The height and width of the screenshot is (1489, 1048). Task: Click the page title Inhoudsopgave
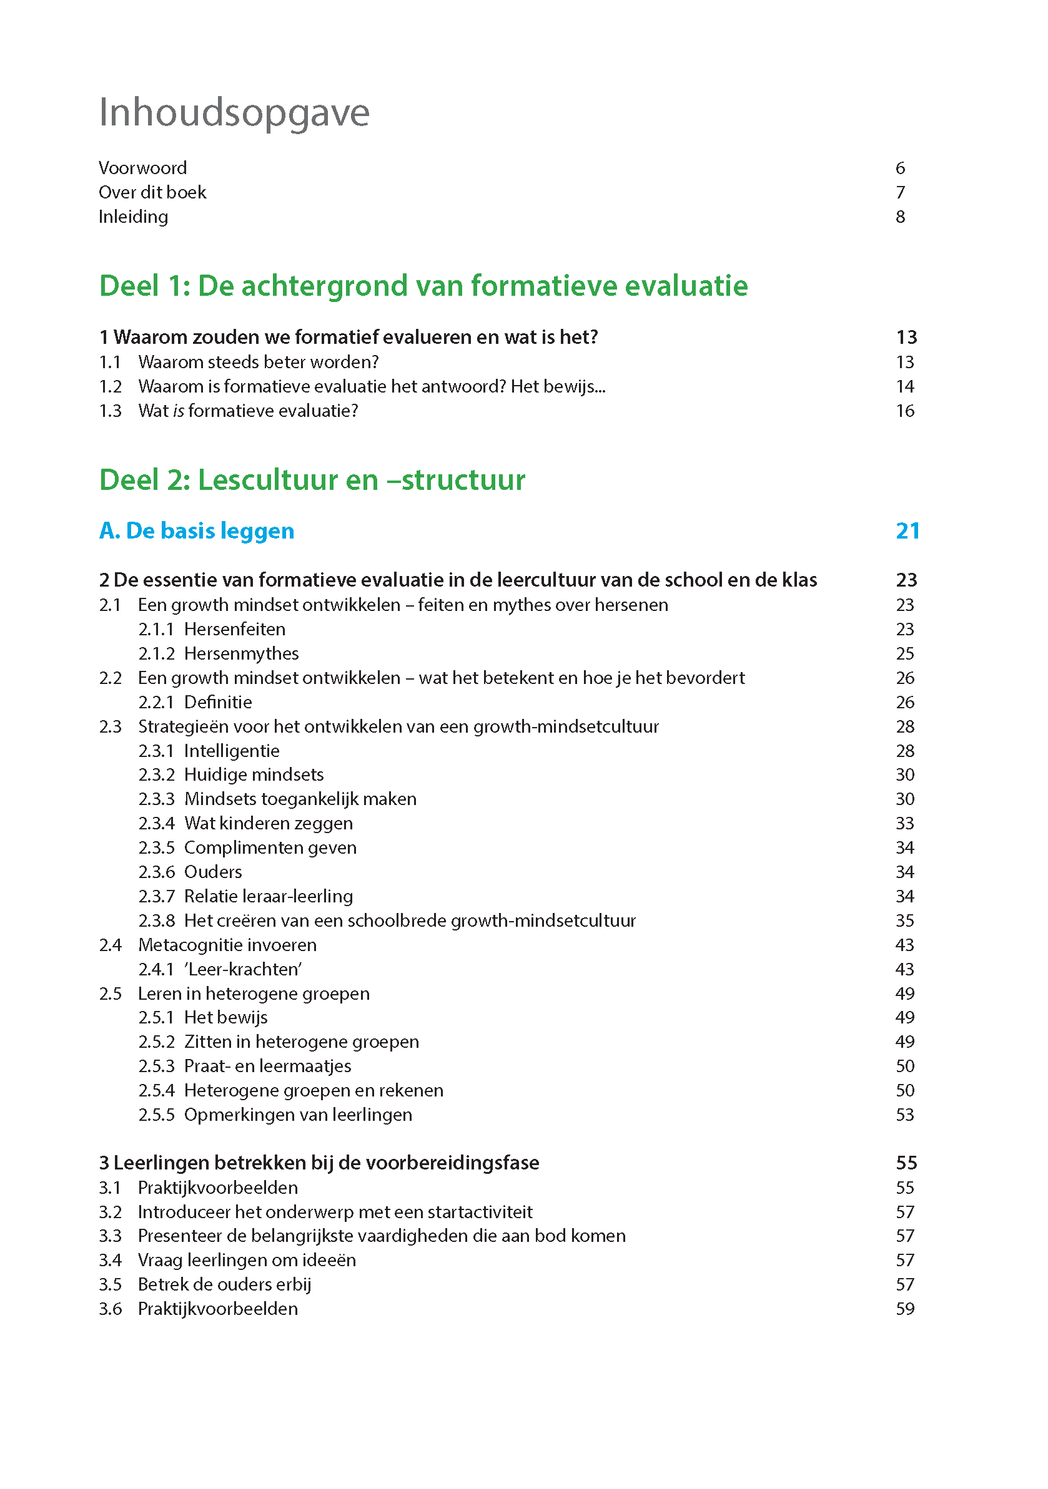[234, 113]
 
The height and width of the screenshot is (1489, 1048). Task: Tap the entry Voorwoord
[143, 168]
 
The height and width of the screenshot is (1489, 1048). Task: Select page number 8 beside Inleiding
[900, 217]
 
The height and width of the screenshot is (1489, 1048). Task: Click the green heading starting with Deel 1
[423, 286]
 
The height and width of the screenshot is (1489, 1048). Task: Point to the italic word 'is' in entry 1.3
[179, 411]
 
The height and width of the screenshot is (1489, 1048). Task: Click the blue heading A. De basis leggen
[197, 530]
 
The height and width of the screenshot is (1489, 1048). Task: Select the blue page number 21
[907, 530]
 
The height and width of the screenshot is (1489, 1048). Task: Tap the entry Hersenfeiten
[234, 629]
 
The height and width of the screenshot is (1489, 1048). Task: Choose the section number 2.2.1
[156, 701]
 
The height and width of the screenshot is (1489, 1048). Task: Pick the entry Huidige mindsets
[254, 774]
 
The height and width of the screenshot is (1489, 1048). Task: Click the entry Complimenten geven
[270, 847]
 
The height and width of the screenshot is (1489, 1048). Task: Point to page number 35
[904, 920]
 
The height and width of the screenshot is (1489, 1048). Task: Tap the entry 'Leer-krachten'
[243, 969]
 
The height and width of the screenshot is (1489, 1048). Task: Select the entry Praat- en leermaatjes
[267, 1066]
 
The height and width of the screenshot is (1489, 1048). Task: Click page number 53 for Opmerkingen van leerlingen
[904, 1115]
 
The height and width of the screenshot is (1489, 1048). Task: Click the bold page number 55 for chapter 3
[906, 1163]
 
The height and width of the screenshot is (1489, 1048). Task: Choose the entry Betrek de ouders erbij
[224, 1284]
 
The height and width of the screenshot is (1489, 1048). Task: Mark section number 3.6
[111, 1309]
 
